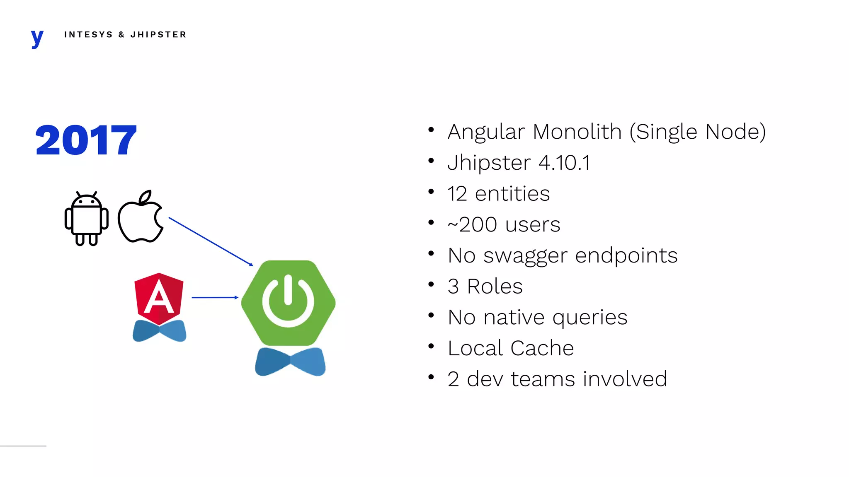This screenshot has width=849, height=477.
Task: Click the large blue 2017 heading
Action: point(86,140)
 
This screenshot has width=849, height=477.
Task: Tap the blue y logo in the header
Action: point(37,38)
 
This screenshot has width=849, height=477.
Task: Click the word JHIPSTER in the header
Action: point(158,35)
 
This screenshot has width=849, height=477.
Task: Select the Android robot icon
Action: point(87,219)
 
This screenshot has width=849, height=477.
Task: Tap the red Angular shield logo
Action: point(159,298)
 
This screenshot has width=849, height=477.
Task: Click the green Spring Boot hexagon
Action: point(288,302)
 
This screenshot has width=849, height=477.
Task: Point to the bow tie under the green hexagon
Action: point(290,361)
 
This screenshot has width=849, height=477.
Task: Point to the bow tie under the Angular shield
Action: point(159,331)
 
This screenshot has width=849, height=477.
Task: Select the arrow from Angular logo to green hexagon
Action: point(214,297)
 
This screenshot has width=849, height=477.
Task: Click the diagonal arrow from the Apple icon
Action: point(210,241)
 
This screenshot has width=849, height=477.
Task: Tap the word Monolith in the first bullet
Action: point(577,132)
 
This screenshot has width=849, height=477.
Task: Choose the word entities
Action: point(512,194)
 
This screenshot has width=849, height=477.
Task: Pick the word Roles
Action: point(495,287)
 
